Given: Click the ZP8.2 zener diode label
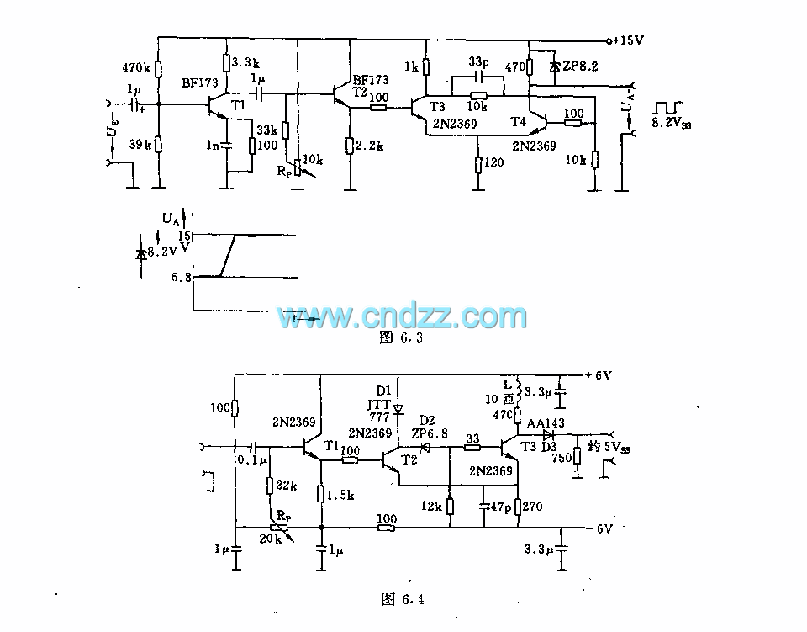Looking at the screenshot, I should [x=583, y=65].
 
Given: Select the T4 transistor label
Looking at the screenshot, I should [x=519, y=122].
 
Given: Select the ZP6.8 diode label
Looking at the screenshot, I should [x=430, y=433].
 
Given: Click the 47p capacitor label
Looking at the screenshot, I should [x=502, y=507].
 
